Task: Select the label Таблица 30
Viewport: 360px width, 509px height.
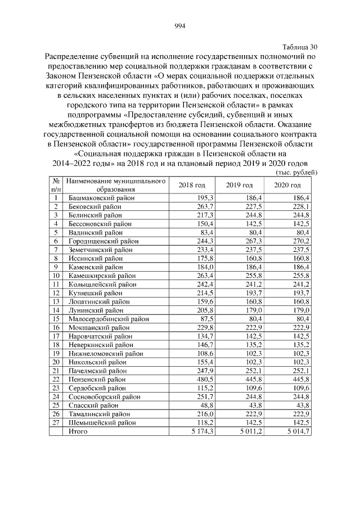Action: point(298,47)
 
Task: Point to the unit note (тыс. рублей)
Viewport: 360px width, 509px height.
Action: point(296,172)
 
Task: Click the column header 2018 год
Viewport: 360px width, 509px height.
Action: point(192,185)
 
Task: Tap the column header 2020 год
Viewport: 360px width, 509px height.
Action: point(287,185)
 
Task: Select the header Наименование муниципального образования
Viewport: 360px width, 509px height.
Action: point(116,185)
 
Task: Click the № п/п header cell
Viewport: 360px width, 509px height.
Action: point(56,185)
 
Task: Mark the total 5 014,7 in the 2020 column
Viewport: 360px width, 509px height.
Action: point(297,431)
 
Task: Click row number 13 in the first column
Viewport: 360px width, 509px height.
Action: point(56,301)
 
